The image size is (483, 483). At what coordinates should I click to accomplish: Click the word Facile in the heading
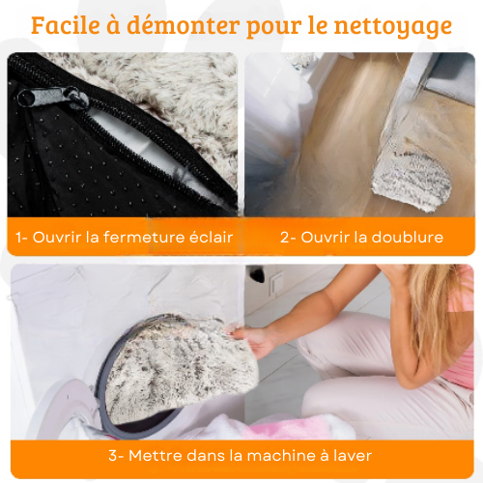(66, 25)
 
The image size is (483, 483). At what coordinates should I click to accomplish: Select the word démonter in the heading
(184, 25)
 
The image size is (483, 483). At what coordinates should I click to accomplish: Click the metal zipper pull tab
(52, 97)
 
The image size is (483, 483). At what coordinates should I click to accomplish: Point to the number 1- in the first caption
(22, 238)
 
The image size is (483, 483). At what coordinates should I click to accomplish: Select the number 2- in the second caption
(288, 238)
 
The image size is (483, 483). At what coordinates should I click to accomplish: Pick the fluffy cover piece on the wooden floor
(412, 181)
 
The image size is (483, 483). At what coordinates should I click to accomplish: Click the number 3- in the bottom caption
(116, 456)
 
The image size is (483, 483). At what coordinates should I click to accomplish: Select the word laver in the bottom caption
(353, 456)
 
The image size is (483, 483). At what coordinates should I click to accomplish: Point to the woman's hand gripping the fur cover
(254, 340)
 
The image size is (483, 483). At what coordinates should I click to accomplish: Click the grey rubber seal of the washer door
(100, 380)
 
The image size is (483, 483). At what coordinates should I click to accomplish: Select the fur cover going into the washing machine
(181, 367)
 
